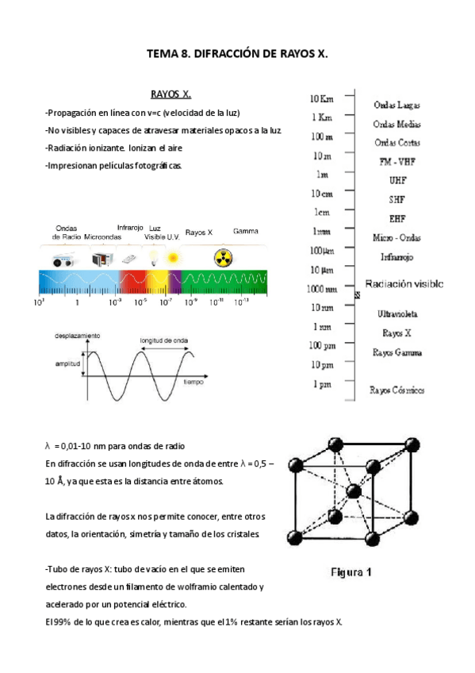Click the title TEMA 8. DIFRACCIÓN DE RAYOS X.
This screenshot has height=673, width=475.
pyautogui.click(x=238, y=54)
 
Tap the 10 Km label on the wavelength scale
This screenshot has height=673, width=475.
pyautogui.click(x=321, y=98)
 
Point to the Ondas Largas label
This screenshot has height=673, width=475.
pyautogui.click(x=396, y=105)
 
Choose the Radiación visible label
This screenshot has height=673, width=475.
pyautogui.click(x=404, y=283)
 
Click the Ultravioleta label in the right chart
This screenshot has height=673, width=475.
pyautogui.click(x=397, y=314)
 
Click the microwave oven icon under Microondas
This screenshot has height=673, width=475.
pyautogui.click(x=101, y=259)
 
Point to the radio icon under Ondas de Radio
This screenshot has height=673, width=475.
pyautogui.click(x=63, y=260)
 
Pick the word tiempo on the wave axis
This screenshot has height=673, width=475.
pyautogui.click(x=194, y=382)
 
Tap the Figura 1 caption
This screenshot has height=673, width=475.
pyautogui.click(x=352, y=571)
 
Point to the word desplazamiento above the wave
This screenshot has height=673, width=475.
pyautogui.click(x=77, y=336)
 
